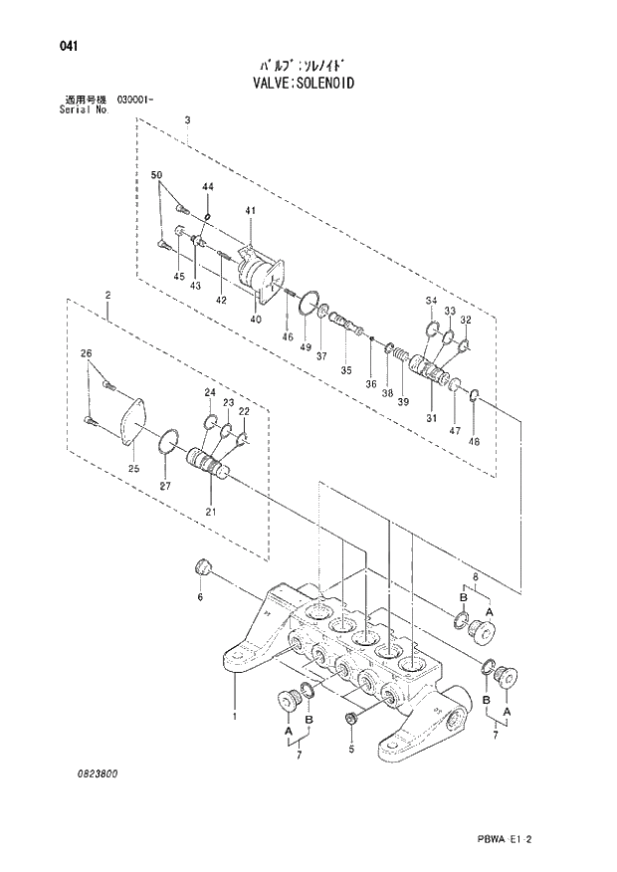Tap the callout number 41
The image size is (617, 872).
(x=251, y=210)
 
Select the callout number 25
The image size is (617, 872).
(x=134, y=468)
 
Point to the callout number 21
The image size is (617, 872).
(x=210, y=512)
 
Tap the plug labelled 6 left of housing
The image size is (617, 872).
(x=203, y=567)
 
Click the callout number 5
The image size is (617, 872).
(x=351, y=748)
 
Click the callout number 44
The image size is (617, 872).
(x=208, y=187)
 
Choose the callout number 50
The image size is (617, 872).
(x=156, y=175)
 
